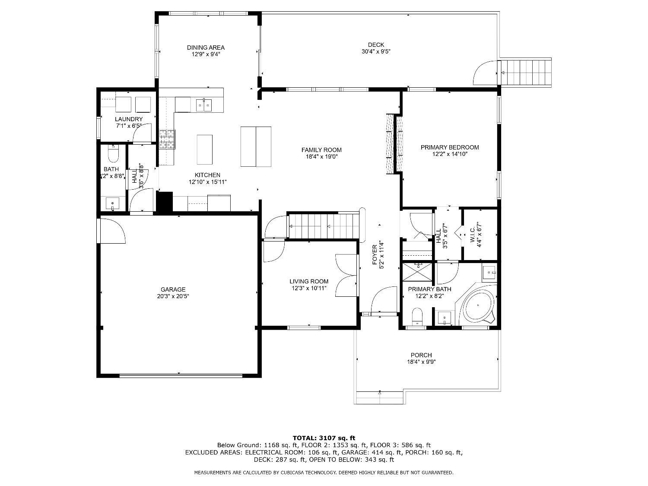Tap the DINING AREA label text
tap(206, 48)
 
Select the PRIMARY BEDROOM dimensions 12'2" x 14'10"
tap(450, 154)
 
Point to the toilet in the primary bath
tap(417, 316)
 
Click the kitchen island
tap(205, 149)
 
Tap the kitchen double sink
tap(203, 105)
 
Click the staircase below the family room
tap(324, 226)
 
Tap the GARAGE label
tap(173, 289)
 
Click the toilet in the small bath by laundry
tap(113, 153)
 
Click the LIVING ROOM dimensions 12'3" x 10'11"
tap(308, 288)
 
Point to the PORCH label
tap(421, 355)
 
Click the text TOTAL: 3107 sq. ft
tap(324, 438)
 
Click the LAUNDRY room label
tap(129, 119)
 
